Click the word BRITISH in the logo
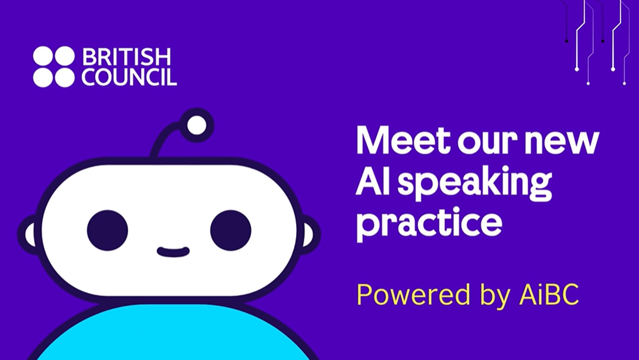(127, 57)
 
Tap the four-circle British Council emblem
(54, 67)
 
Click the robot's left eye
(108, 230)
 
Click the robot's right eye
(231, 230)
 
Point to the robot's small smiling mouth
(173, 252)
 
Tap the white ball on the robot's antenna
(196, 125)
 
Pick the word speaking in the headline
(475, 184)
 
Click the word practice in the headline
(429, 223)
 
